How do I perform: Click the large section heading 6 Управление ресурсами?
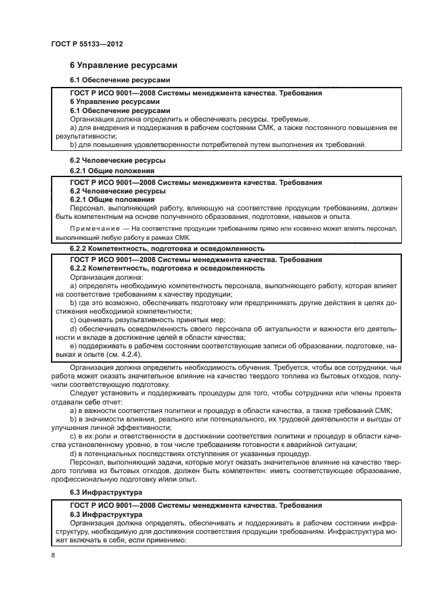[124, 66]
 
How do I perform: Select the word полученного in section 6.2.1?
[180, 216]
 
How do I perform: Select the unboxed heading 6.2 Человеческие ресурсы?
[108, 159]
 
